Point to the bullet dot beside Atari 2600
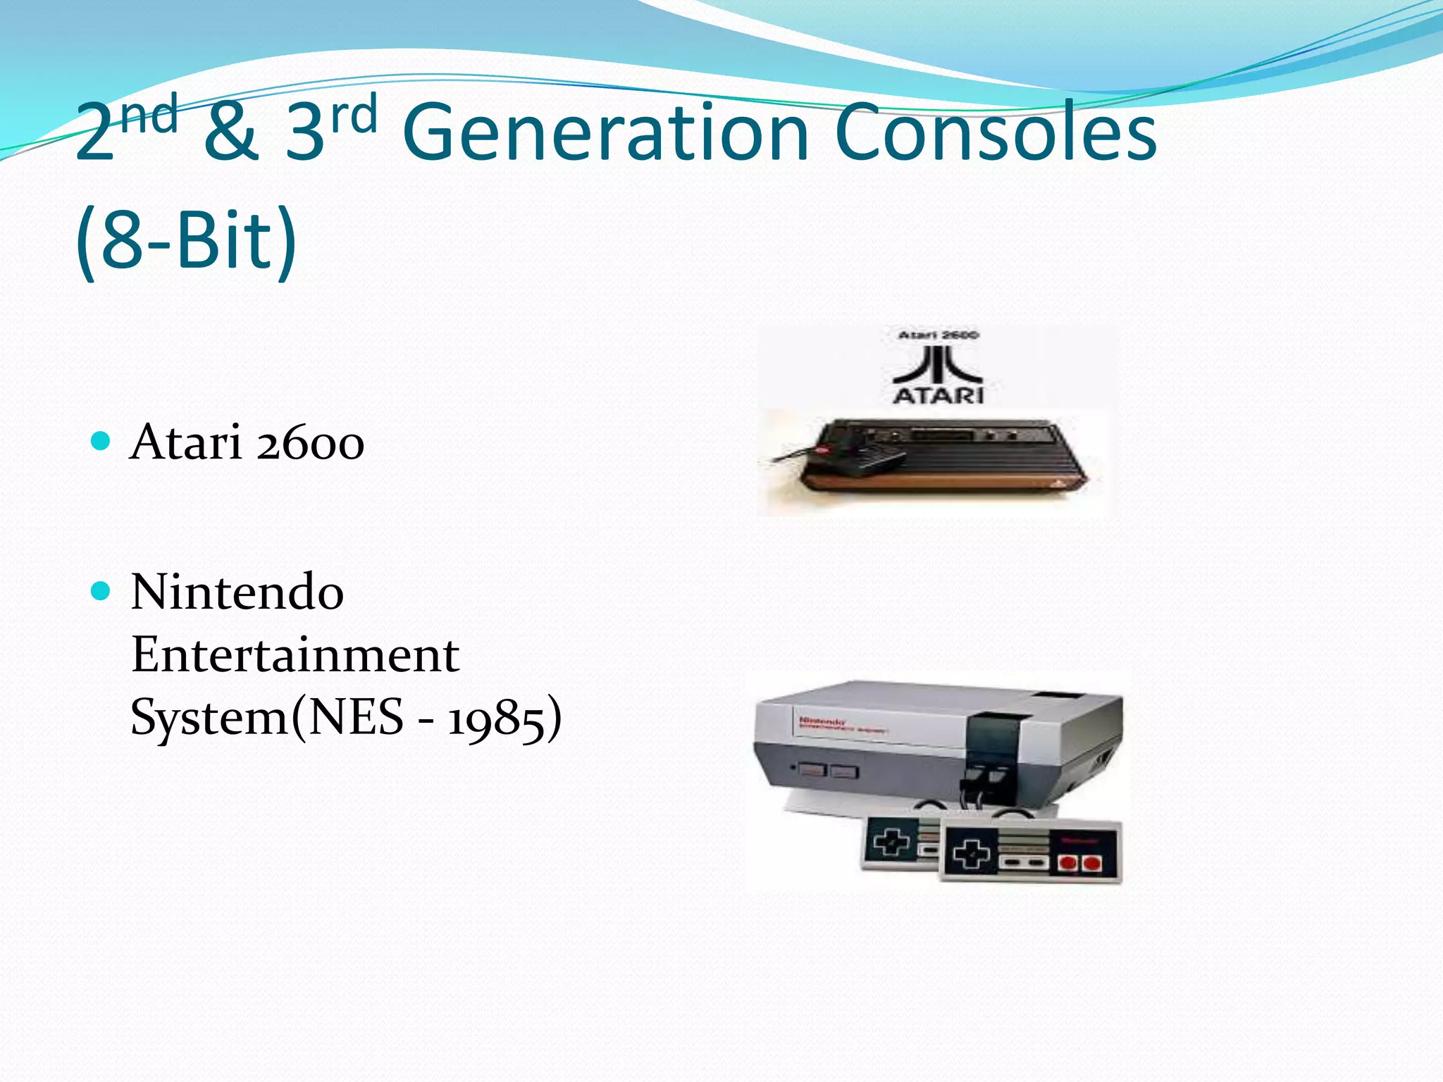coord(101,442)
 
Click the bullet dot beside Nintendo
coord(101,591)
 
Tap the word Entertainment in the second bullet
coord(295,655)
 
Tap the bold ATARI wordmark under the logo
coord(938,395)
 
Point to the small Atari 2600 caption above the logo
coord(938,335)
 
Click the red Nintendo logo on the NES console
coord(822,721)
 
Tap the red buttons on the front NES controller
coord(1080,862)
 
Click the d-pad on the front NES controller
coord(971,854)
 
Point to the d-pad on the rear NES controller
coord(891,841)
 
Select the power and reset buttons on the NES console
coord(829,771)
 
